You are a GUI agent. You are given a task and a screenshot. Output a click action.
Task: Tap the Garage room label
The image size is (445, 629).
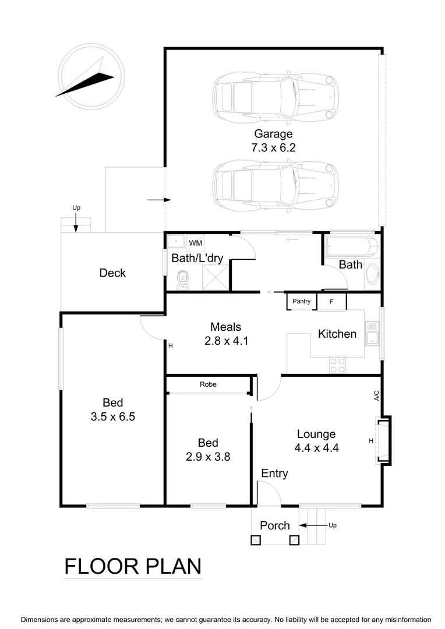pyautogui.click(x=273, y=134)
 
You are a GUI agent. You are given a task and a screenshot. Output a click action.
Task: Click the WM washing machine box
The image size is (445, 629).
pyautogui.click(x=196, y=242)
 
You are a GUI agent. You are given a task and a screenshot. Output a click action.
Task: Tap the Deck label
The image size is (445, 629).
pyautogui.click(x=112, y=273)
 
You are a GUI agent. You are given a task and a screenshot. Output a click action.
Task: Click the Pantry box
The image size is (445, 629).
pyautogui.click(x=301, y=302)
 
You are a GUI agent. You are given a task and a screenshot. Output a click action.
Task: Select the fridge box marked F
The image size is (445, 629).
pyautogui.click(x=331, y=302)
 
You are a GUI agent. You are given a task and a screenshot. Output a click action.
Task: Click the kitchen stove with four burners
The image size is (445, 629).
pyautogui.click(x=337, y=365)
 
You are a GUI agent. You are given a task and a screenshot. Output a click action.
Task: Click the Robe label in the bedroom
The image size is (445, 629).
pyautogui.click(x=208, y=384)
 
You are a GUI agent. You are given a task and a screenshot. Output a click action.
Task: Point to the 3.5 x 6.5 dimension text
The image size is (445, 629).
pyautogui.click(x=113, y=417)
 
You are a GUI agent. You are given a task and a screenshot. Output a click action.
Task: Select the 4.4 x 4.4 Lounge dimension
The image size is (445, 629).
pyautogui.click(x=316, y=448)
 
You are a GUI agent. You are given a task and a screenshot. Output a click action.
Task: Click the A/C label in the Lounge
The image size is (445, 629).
pyautogui.click(x=377, y=396)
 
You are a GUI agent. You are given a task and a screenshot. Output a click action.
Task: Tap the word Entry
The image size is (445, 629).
pyautogui.click(x=274, y=473)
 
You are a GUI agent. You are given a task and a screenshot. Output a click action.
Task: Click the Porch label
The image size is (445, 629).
pyautogui.click(x=274, y=525)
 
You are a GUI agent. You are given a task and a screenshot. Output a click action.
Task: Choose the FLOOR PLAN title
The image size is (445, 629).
pyautogui.click(x=133, y=566)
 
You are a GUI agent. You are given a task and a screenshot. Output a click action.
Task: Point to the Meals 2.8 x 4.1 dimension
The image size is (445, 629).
pyautogui.click(x=226, y=341)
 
